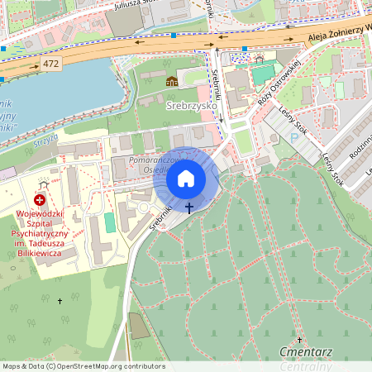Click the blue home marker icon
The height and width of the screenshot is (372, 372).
point(186,179)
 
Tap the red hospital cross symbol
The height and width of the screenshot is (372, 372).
point(40,201)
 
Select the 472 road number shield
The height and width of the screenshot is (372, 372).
point(51,63)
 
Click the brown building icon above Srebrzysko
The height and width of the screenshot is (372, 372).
point(172,80)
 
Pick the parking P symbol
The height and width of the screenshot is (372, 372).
point(294,139)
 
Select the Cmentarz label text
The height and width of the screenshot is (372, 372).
point(307,352)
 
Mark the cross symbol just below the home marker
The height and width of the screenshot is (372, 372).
point(189,207)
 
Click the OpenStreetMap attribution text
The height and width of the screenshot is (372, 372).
point(83,366)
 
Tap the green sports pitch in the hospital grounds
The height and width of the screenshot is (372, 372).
point(110,222)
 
